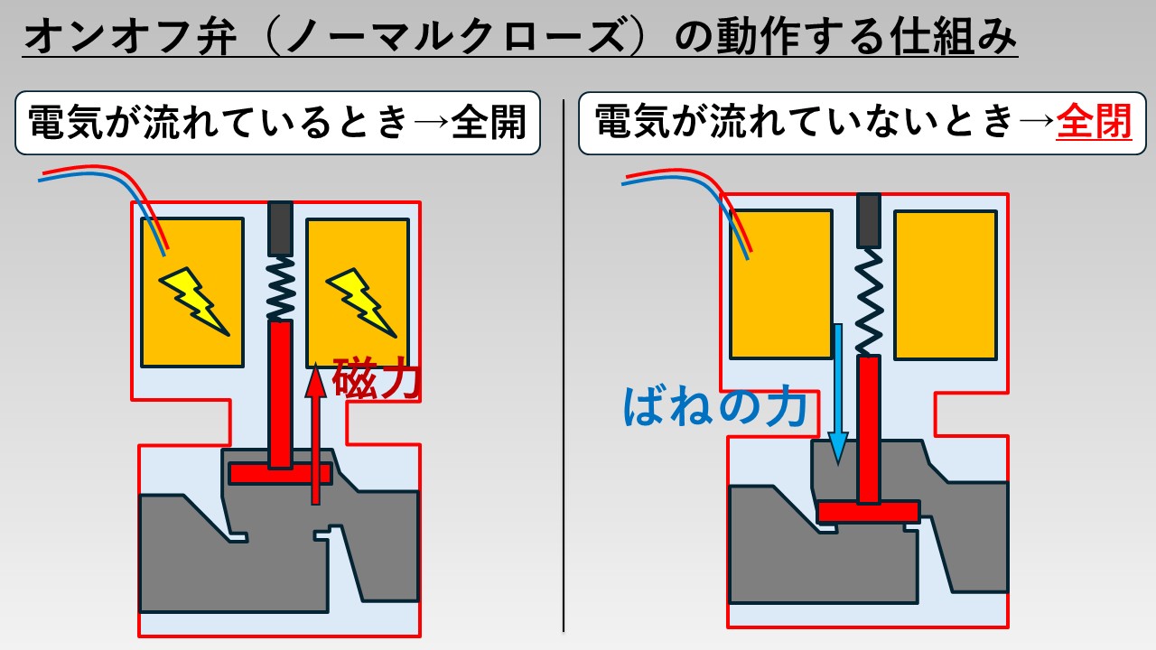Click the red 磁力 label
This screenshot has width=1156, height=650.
tap(376, 377)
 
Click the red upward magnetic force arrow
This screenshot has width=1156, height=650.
tap(314, 433)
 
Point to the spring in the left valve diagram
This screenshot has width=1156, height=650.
tap(281, 287)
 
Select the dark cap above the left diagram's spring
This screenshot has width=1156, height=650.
tap(281, 228)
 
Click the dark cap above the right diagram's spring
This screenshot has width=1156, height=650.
tap(868, 220)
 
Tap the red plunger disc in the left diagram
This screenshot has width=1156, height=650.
tap(281, 473)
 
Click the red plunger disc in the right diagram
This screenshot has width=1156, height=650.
tap(868, 511)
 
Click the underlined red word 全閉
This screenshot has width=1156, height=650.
tap(1095, 122)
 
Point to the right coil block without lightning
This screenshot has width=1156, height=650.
tap(946, 284)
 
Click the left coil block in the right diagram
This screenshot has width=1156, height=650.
tap(780, 284)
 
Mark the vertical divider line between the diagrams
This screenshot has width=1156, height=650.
tap(564, 361)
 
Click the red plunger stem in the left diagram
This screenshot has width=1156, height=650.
tap(281, 393)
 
